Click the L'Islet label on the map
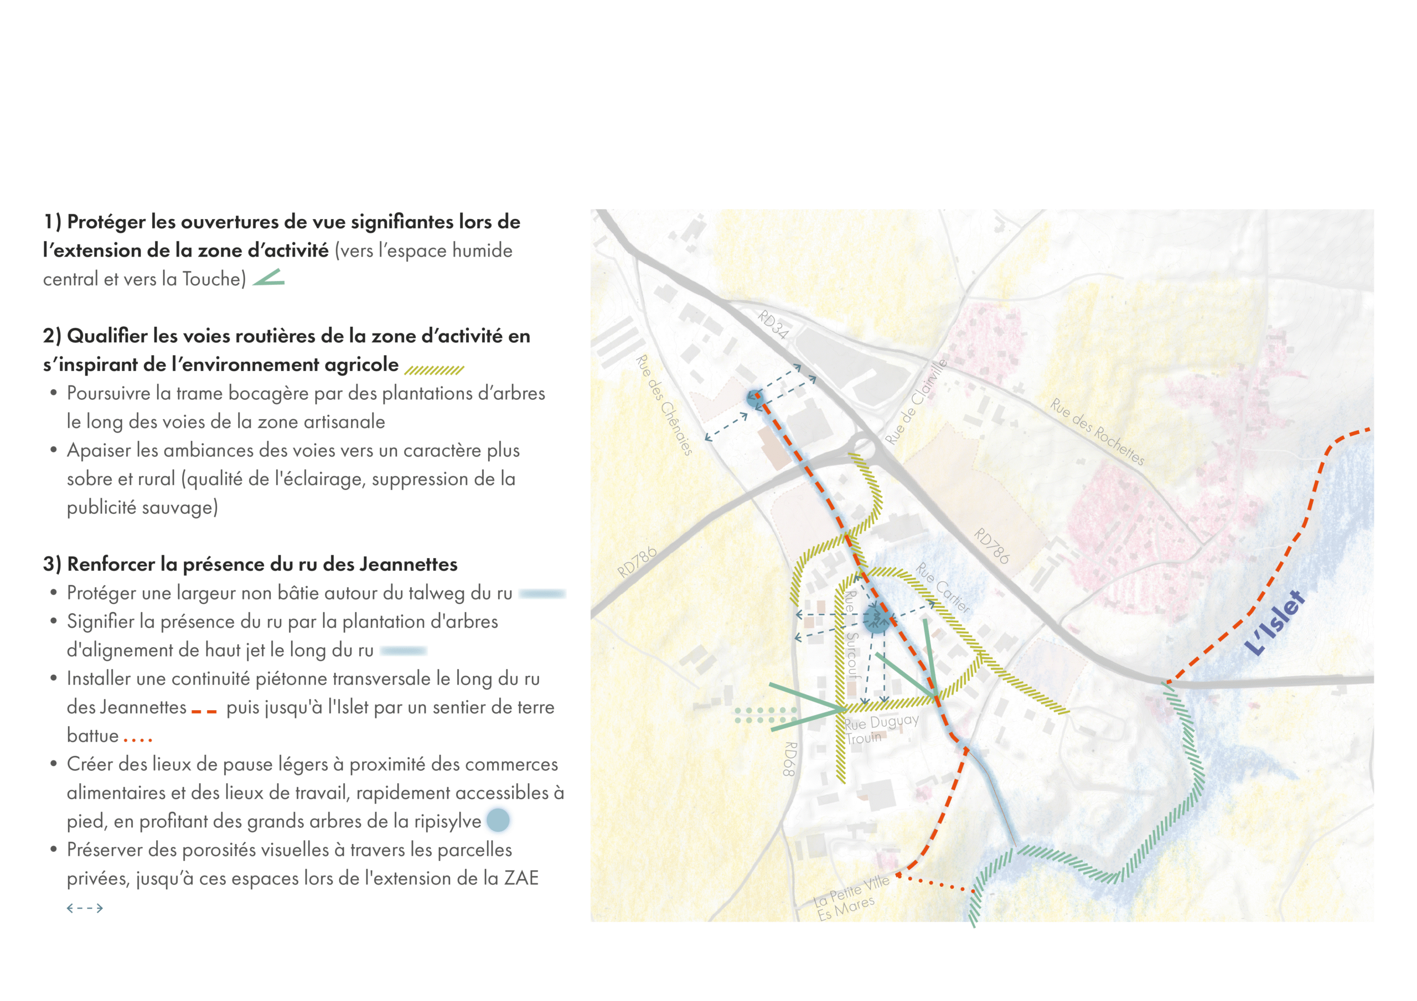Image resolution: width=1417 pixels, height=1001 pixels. (1275, 622)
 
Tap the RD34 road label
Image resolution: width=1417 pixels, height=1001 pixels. (773, 325)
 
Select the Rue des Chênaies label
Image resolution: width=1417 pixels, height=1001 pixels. (664, 405)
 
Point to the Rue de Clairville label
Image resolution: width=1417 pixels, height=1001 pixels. (916, 402)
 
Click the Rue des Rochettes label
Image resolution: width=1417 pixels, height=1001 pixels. (1097, 431)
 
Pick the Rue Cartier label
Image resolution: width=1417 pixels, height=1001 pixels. (943, 587)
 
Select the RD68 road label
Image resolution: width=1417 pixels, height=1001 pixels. (790, 759)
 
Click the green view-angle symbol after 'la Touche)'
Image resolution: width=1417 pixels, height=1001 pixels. (269, 278)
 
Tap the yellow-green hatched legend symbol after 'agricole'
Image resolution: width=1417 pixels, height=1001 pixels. (434, 369)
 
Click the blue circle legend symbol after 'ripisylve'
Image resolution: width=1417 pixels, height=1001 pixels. (498, 820)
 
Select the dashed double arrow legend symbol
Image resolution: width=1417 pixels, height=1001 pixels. (85, 908)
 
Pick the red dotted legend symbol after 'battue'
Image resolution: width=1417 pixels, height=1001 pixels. (137, 738)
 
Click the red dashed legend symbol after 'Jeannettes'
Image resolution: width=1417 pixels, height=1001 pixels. (204, 712)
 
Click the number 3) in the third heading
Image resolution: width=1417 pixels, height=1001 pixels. (52, 564)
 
